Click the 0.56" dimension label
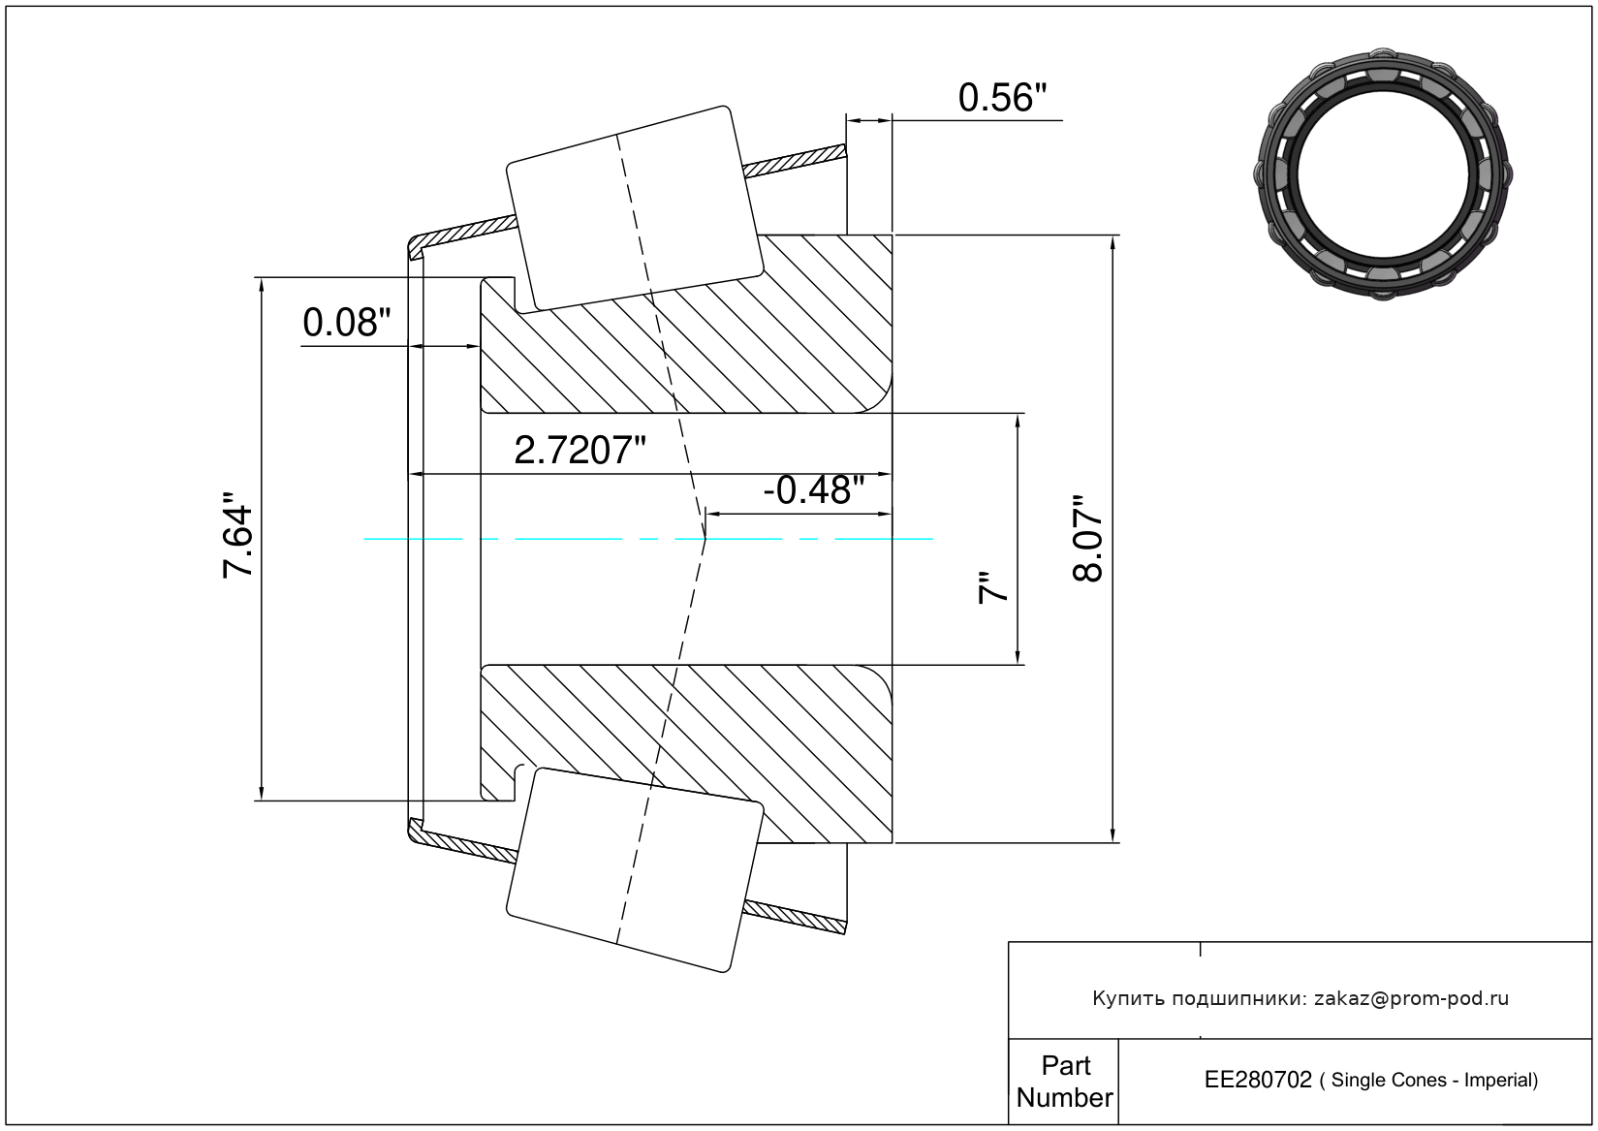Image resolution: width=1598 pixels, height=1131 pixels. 1002,98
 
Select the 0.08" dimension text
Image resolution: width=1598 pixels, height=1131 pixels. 347,323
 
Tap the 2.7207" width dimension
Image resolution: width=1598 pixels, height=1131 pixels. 580,451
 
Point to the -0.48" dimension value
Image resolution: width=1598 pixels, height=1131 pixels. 814,490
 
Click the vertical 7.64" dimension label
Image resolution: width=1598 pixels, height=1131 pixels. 238,534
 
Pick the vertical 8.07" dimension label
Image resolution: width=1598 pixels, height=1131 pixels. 1088,539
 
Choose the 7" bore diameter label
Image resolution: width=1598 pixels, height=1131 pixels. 993,587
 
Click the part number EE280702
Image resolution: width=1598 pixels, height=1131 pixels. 1258,1080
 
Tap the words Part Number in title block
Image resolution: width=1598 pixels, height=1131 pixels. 1065,1082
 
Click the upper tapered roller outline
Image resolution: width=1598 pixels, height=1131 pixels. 635,209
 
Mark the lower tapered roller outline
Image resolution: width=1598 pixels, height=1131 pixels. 635,870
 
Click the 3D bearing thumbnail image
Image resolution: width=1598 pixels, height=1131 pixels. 1383,174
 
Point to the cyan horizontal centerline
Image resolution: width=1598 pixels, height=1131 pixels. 648,539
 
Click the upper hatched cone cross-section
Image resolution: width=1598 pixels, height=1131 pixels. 686,324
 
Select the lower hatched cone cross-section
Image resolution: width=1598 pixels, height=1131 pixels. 686,754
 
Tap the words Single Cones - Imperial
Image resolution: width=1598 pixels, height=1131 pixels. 1434,1081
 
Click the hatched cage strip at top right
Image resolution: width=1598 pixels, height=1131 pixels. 795,161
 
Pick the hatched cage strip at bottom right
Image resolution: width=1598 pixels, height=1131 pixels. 795,918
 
